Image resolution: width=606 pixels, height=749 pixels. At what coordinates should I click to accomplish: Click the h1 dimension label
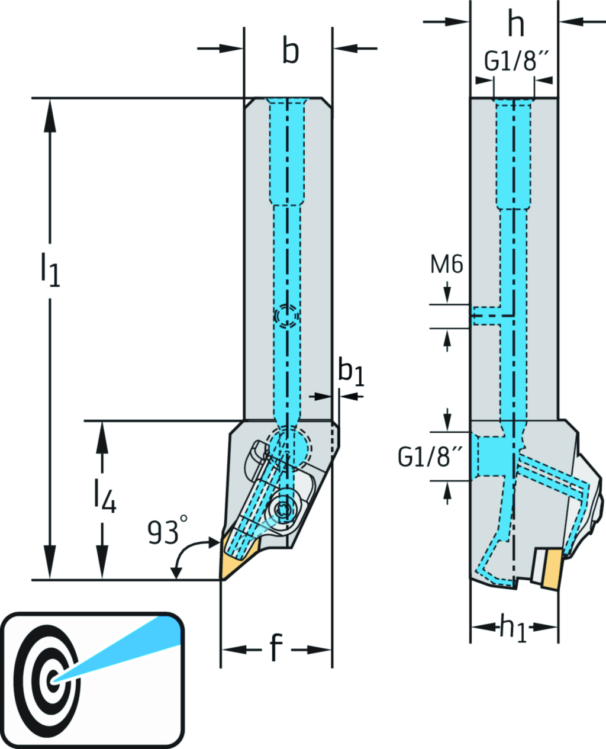pyautogui.click(x=512, y=627)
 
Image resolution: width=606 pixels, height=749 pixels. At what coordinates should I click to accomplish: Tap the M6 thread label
pyautogui.click(x=446, y=265)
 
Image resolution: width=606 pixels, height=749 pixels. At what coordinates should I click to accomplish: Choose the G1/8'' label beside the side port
pyautogui.click(x=429, y=457)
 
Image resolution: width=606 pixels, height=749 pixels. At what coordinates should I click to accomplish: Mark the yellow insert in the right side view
pyautogui.click(x=552, y=568)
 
